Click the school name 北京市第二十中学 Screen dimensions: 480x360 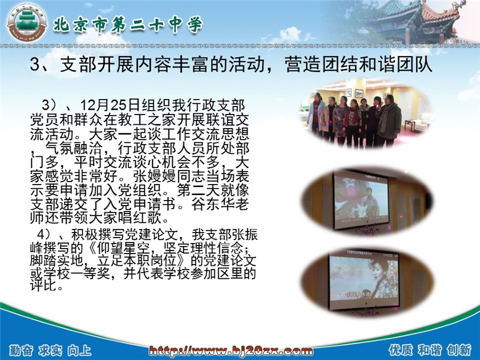128,24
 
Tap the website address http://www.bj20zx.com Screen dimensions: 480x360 231,351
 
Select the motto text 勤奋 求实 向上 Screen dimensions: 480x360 50,351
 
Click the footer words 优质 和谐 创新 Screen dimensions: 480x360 430,350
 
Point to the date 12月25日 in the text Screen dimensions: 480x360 110,106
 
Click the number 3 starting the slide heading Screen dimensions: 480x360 35,65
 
